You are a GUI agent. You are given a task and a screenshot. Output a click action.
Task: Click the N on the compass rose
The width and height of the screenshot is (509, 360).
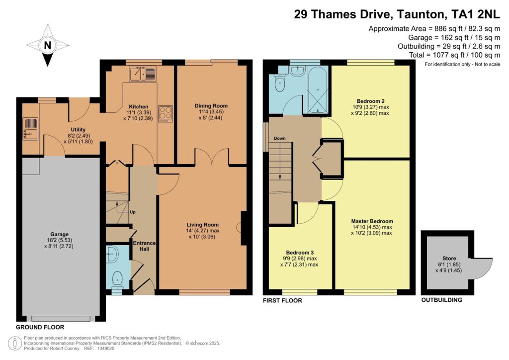point(47,45)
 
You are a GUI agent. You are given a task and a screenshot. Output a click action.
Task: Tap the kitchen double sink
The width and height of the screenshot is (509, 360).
point(143,74)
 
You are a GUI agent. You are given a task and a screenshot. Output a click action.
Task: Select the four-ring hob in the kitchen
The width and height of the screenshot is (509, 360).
point(165,114)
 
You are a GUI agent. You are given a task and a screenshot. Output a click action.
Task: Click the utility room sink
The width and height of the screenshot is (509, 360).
point(30,129)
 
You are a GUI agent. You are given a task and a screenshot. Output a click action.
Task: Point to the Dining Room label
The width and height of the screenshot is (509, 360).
point(211,106)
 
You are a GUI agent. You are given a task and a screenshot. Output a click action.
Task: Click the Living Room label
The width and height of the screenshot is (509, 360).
point(203,225)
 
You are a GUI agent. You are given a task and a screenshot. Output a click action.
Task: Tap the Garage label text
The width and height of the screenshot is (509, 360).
point(60,234)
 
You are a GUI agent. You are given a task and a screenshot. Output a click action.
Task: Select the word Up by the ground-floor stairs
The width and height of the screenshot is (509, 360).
point(132,212)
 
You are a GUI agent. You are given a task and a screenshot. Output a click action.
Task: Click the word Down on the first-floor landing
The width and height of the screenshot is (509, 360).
point(279,138)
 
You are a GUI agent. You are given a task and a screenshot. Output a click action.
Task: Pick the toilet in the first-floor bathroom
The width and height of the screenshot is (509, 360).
point(279,84)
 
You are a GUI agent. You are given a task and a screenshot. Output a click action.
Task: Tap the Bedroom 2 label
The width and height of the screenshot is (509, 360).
point(370,101)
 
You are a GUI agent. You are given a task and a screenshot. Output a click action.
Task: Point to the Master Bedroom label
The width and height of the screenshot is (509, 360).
point(372,221)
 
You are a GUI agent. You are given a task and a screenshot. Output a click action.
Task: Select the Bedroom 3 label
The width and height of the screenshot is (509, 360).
point(300,253)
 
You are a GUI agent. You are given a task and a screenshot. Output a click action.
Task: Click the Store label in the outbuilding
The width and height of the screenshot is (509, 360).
point(449,259)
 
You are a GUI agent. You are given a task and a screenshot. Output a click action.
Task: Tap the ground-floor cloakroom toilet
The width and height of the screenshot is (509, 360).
point(116,280)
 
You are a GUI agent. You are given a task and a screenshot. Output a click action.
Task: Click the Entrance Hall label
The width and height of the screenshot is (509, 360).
point(145,246)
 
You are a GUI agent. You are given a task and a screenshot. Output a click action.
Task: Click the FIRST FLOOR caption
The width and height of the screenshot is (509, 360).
point(282,301)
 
